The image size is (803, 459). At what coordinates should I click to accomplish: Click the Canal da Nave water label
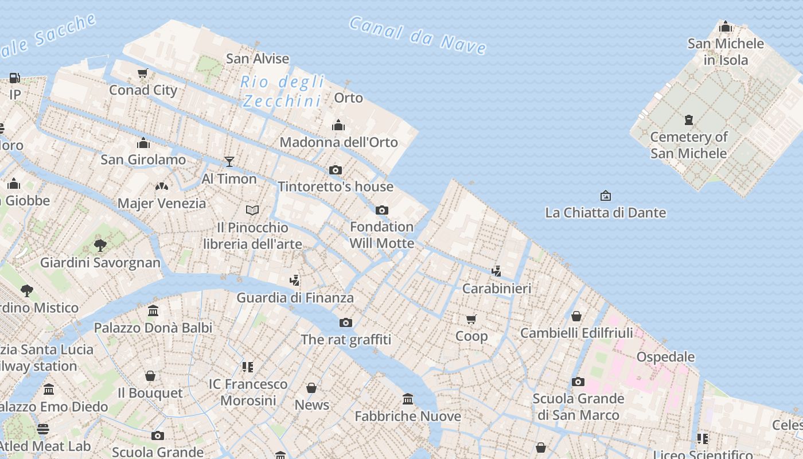point(418,35)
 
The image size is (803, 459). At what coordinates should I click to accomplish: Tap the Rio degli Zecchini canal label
point(282,91)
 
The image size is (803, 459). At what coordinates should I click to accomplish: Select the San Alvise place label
point(258,59)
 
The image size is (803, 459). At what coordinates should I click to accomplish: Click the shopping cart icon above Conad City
point(143,73)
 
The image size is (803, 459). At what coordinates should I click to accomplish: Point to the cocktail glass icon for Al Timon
point(229,162)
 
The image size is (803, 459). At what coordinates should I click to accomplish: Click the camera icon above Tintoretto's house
point(336,170)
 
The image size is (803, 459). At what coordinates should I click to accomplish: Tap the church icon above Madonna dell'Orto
point(338,125)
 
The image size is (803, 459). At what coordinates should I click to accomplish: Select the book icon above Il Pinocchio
point(252,211)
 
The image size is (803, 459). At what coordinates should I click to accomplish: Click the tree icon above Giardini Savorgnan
point(100,246)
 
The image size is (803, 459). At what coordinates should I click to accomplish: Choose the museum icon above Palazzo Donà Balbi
point(153,311)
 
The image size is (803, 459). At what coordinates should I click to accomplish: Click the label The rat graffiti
point(346,340)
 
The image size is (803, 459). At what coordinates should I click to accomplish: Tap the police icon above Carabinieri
point(497,271)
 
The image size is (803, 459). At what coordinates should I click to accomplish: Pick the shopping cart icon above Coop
point(471,319)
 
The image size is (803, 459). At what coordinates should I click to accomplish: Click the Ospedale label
point(665,357)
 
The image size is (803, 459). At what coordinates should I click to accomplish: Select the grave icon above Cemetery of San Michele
point(689,120)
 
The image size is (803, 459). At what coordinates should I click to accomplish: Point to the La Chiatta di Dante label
point(605,213)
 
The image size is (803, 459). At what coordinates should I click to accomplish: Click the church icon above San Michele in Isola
point(726,26)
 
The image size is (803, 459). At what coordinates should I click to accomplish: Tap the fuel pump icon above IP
point(15,77)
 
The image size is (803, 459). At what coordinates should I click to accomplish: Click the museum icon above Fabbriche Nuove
point(408,399)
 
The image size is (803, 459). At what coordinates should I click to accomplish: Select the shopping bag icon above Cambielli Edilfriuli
point(576,316)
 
